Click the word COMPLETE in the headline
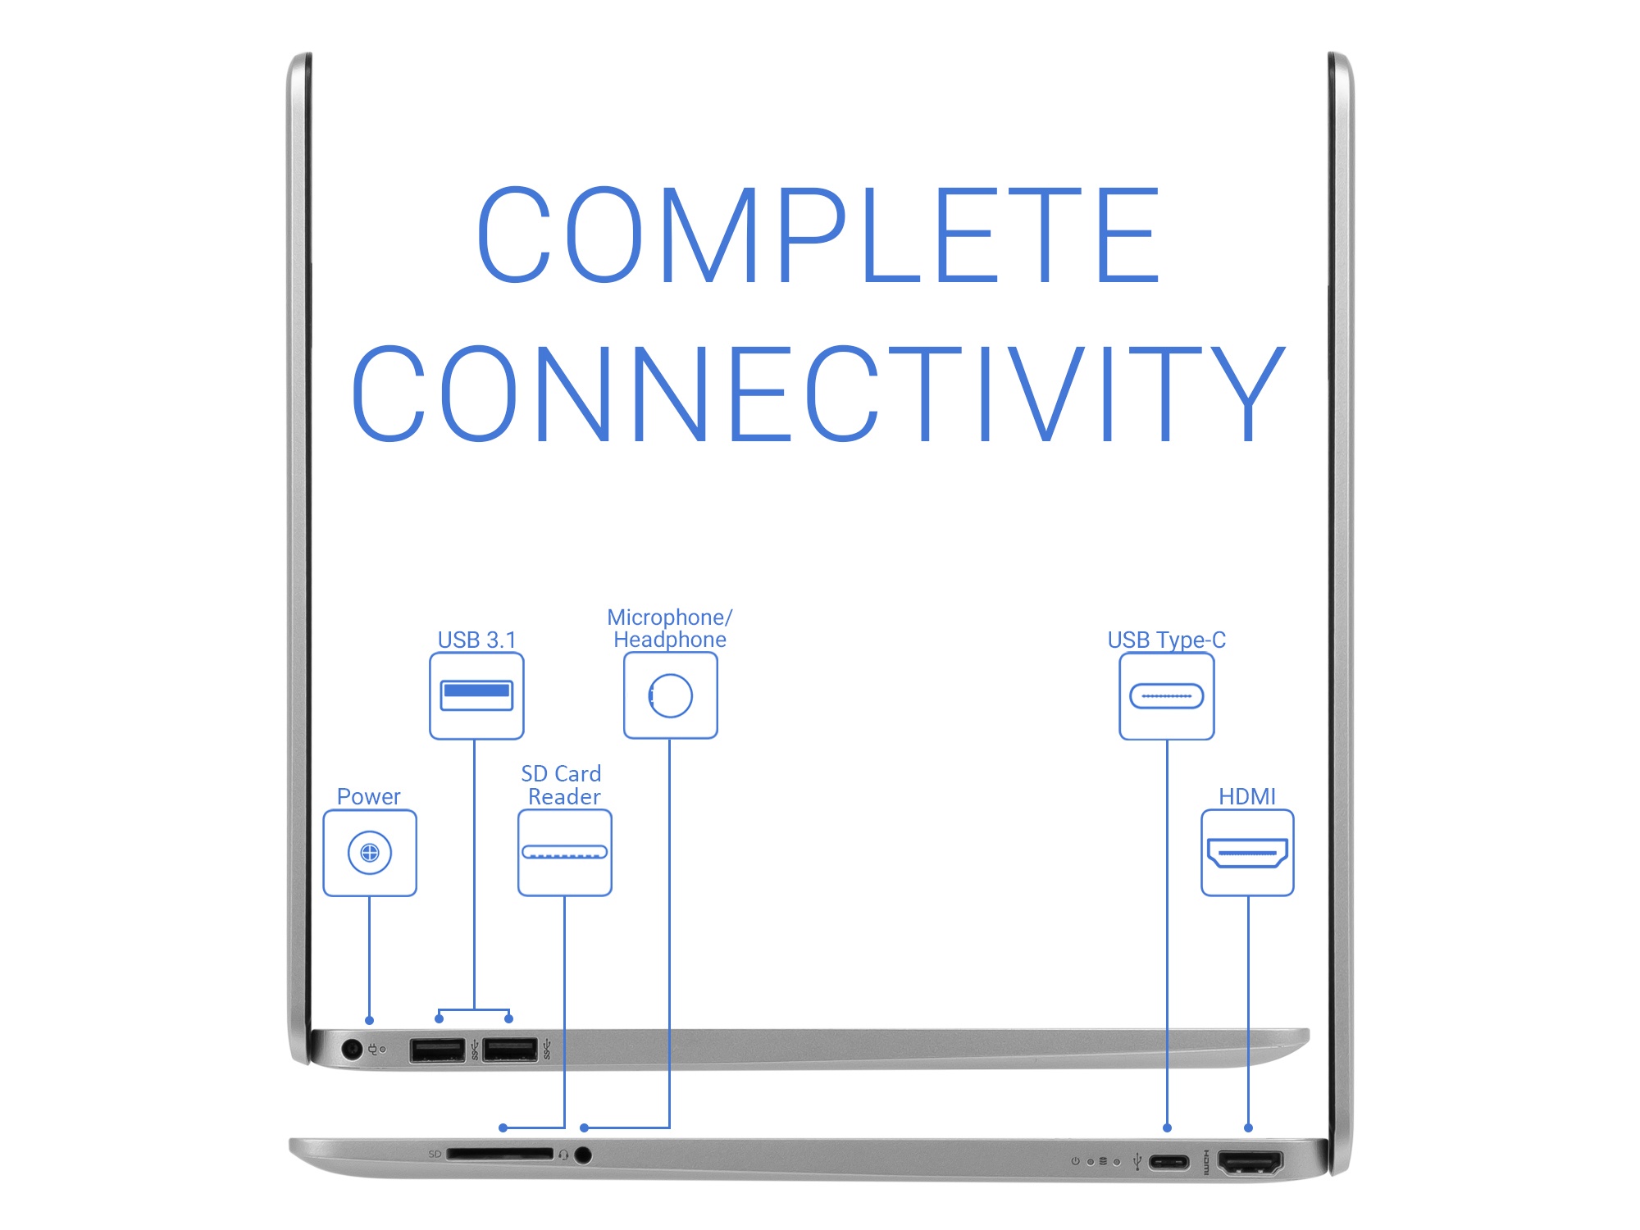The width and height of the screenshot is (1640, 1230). [x=818, y=235]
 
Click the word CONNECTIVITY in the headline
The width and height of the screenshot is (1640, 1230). [x=818, y=394]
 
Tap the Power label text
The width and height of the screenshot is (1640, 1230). [x=368, y=796]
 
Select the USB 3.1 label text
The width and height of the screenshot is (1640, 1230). [x=476, y=640]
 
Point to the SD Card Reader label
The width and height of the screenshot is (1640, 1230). [x=563, y=785]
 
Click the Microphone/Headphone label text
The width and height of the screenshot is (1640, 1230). [x=669, y=628]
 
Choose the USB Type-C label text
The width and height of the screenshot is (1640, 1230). [x=1166, y=640]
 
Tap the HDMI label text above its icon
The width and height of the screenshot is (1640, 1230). [x=1246, y=796]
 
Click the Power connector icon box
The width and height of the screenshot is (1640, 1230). [x=370, y=853]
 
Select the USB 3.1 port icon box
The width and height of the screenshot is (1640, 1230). [x=476, y=695]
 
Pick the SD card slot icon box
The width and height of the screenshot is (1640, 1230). [x=564, y=853]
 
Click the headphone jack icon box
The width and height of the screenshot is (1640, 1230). [x=670, y=695]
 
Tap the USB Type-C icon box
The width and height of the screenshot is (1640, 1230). [x=1166, y=696]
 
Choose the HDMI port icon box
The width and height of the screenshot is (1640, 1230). [x=1247, y=853]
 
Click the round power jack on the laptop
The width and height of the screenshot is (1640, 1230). [x=352, y=1049]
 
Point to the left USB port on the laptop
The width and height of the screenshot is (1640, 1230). [x=437, y=1050]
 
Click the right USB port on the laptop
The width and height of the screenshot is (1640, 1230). [x=509, y=1050]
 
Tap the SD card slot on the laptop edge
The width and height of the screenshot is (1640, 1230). [x=499, y=1154]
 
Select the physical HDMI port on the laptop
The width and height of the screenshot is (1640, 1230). [x=1250, y=1162]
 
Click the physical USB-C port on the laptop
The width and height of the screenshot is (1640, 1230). [x=1168, y=1162]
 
